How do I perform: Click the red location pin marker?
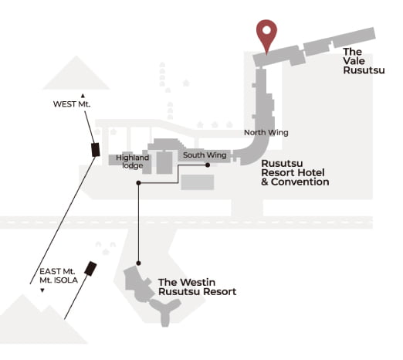coord(266,32)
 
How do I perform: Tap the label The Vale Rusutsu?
coord(364,61)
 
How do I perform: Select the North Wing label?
coord(266,133)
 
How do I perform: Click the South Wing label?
coord(205,155)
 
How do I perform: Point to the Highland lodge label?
coord(132,161)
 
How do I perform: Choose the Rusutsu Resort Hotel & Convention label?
coord(295,172)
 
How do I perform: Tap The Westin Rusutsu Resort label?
coord(197,287)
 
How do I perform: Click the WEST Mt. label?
coord(72,104)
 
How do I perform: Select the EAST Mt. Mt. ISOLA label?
coord(59,276)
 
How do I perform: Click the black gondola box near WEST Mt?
coord(96,150)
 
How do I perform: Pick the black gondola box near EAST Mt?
coord(90,269)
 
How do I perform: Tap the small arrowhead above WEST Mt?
coord(83,96)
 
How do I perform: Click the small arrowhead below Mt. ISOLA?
coord(42,290)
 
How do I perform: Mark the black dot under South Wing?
coord(208,165)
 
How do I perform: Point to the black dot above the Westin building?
coord(138,263)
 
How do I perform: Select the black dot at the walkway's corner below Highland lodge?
coord(138,183)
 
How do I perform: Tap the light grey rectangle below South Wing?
coord(198,182)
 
